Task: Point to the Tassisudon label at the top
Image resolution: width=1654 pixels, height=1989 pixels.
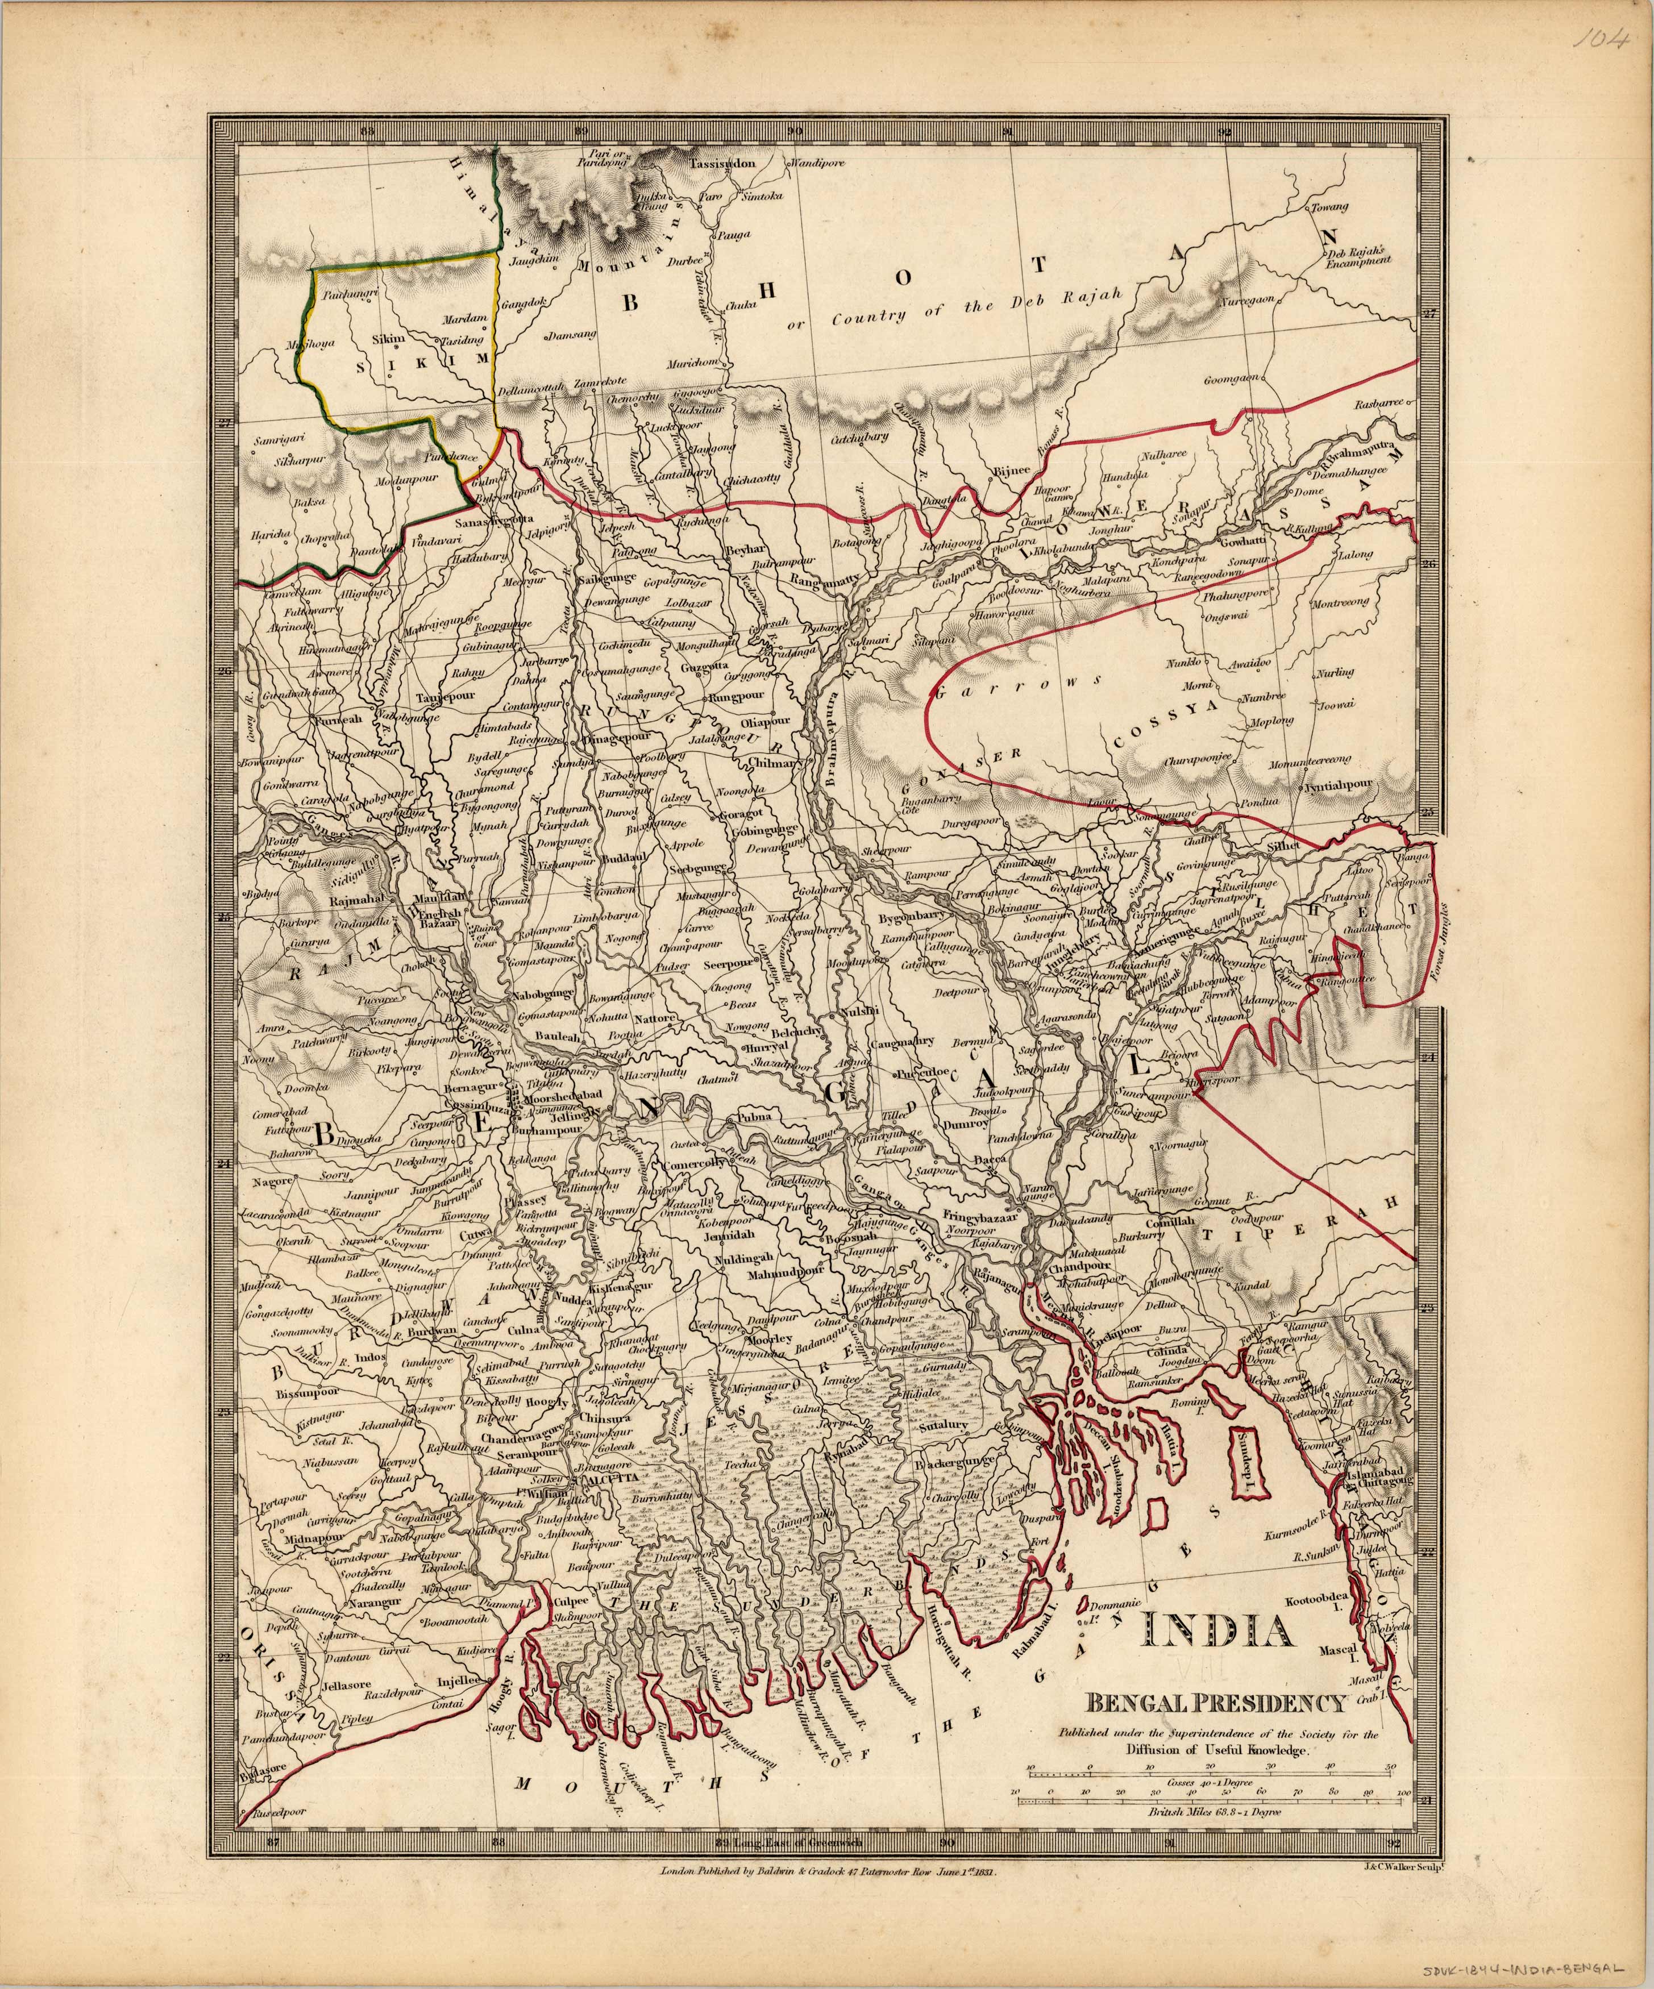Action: point(724,163)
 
